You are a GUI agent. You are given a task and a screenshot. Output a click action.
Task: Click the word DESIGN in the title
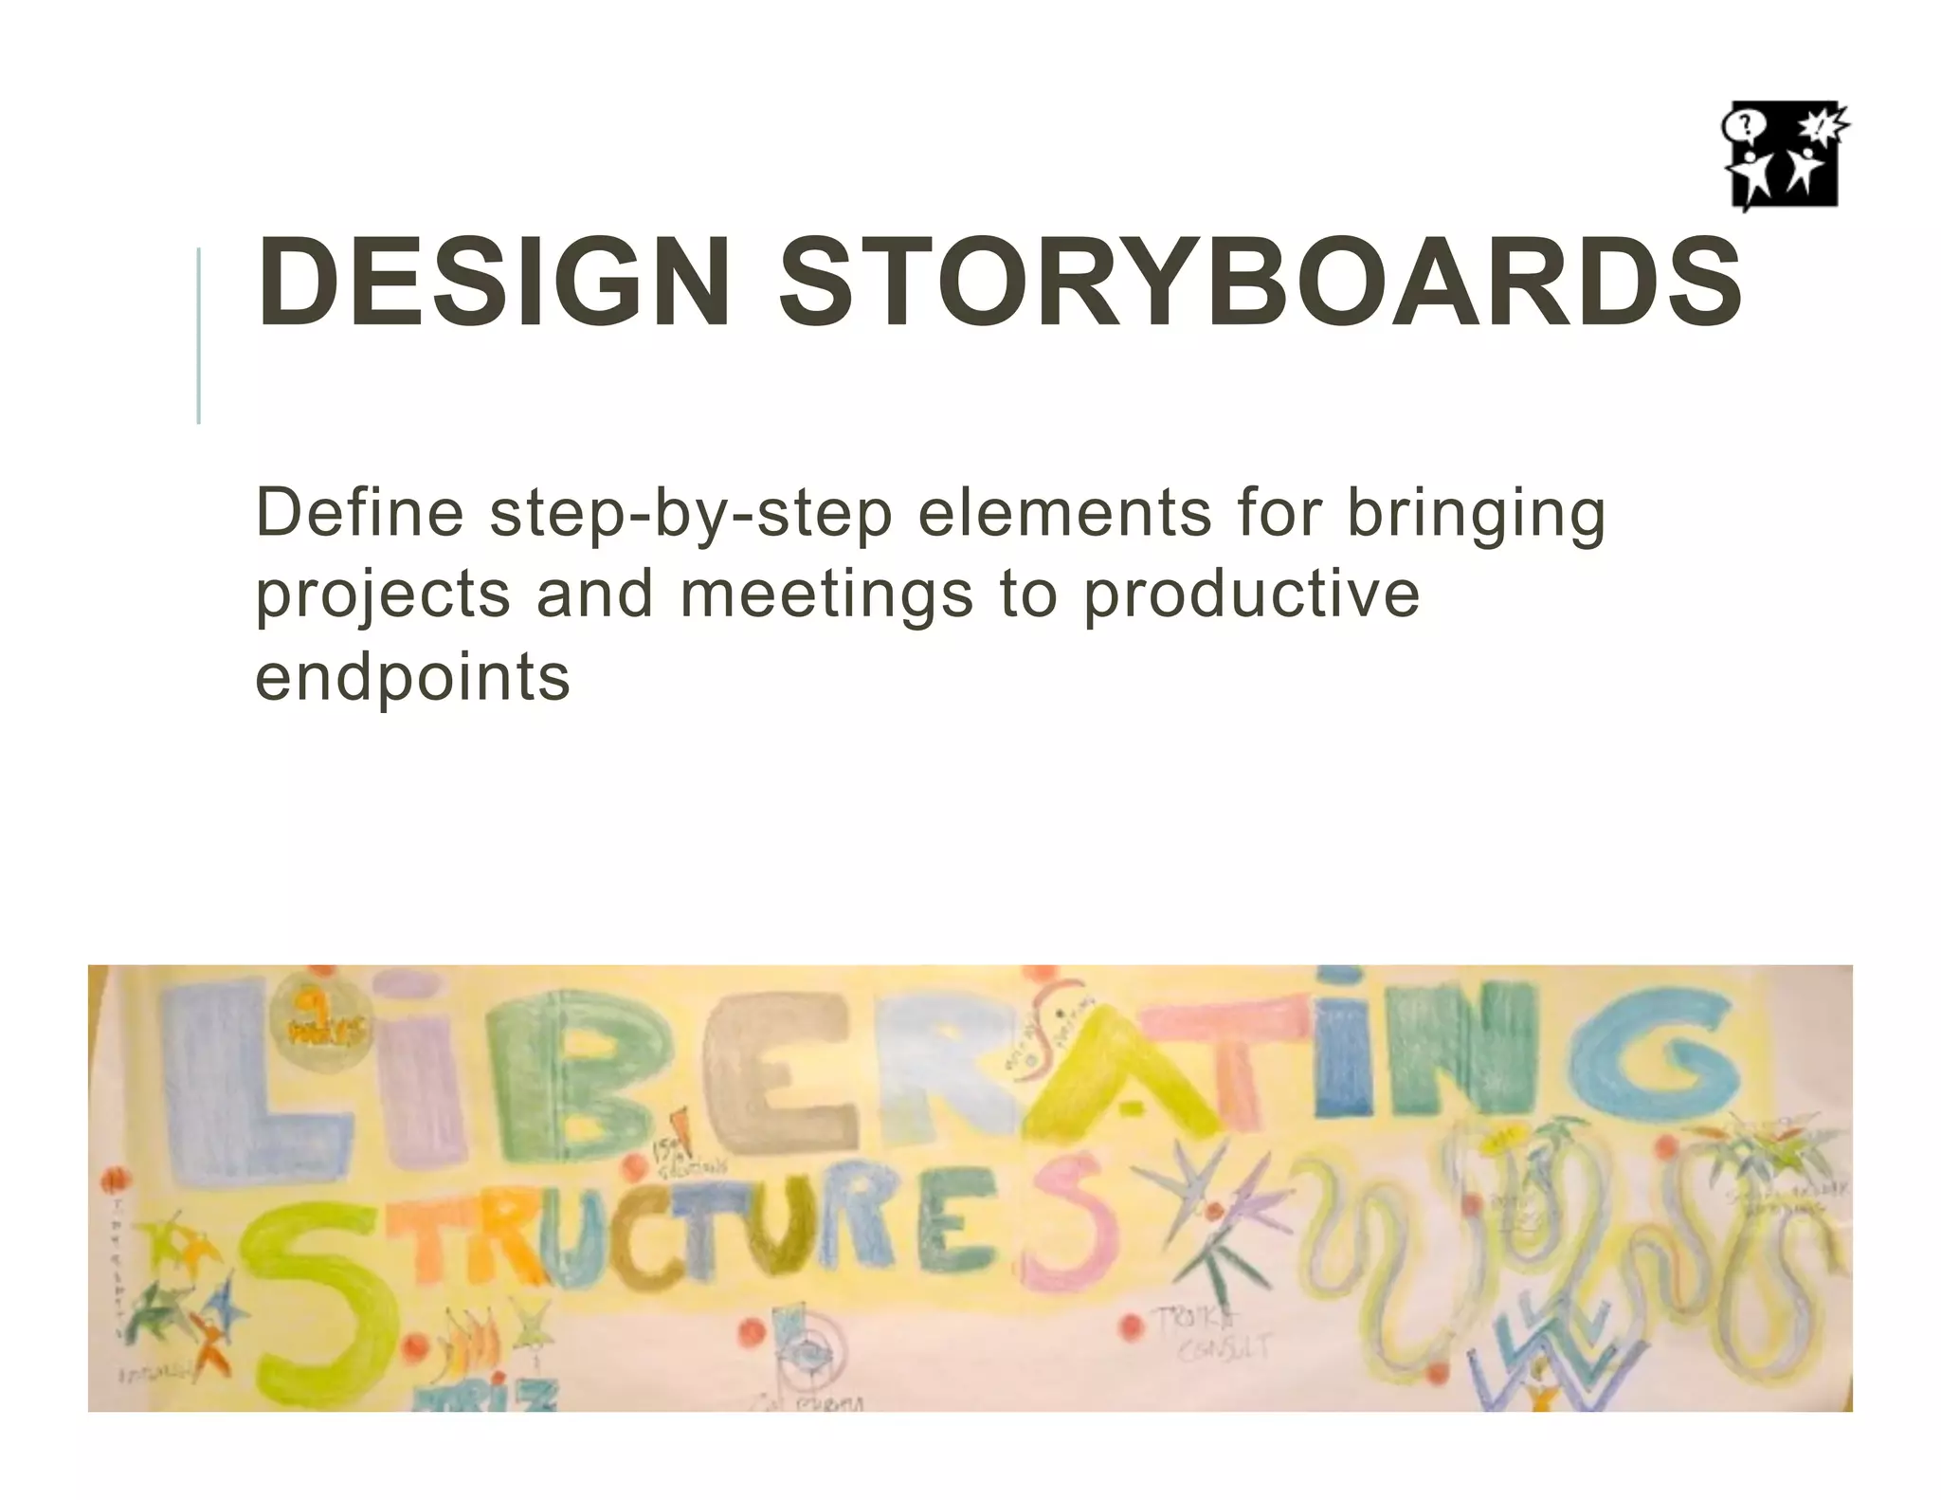pyautogui.click(x=493, y=282)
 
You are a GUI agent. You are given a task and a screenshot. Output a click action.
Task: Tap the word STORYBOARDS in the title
pyautogui.click(x=1261, y=282)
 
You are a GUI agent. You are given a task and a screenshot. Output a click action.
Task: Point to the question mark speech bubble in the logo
pyautogui.click(x=1739, y=125)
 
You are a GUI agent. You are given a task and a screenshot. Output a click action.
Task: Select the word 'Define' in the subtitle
pyautogui.click(x=359, y=514)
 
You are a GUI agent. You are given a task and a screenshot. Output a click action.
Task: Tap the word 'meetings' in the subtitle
pyautogui.click(x=826, y=595)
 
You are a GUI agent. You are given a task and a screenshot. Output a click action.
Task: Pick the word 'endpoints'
pyautogui.click(x=412, y=678)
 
